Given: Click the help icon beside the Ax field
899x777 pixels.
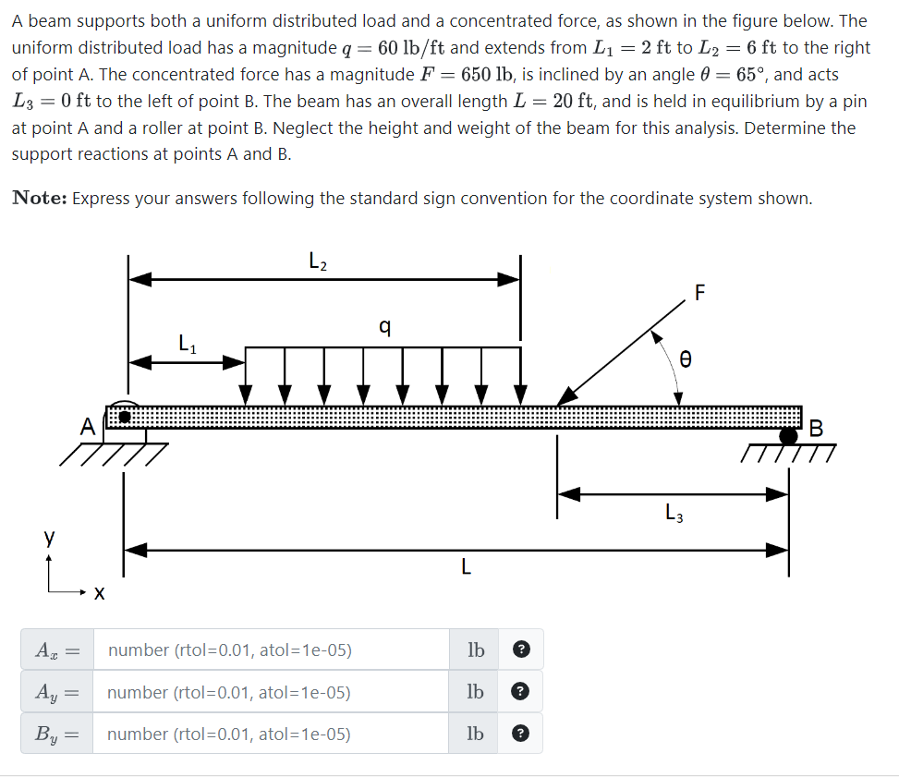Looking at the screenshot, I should pyautogui.click(x=520, y=650).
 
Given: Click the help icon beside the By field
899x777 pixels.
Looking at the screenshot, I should pyautogui.click(x=520, y=735).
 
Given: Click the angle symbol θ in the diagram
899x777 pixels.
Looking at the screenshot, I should pyautogui.click(x=685, y=358).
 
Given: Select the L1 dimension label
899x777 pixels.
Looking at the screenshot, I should pyautogui.click(x=187, y=346).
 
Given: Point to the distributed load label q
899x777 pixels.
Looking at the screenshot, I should pyautogui.click(x=384, y=325).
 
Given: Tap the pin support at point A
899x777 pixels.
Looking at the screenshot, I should pyautogui.click(x=126, y=417).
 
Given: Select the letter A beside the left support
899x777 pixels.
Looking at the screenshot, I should pyautogui.click(x=87, y=427).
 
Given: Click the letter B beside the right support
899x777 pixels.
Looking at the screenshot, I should pyautogui.click(x=815, y=428).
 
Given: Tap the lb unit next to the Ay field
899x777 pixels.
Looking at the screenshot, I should pyautogui.click(x=475, y=692).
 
